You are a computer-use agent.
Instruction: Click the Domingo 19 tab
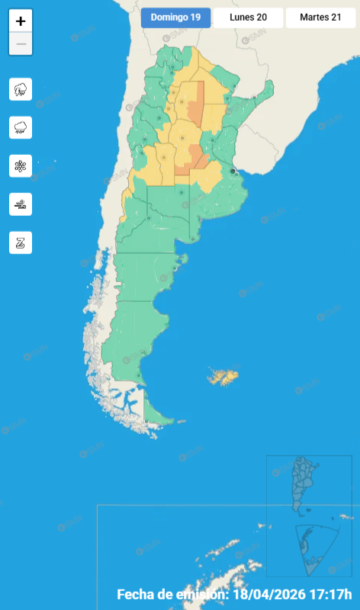175,18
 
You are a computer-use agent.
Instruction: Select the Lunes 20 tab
248,18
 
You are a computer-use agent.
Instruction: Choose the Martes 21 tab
320,18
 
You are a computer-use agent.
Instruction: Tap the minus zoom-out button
21,44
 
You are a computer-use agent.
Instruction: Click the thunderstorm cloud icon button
21,89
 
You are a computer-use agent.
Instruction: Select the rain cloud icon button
21,127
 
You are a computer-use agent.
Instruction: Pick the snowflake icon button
21,165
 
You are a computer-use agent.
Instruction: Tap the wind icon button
21,204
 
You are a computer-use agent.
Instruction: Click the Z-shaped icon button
21,242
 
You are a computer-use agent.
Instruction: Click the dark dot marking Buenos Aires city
233,171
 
